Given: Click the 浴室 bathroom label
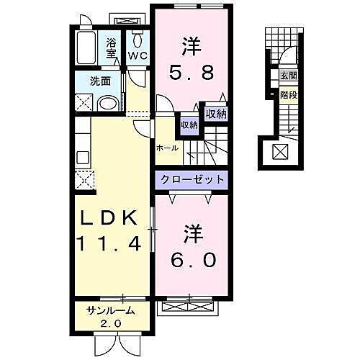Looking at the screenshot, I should pyautogui.click(x=112, y=47).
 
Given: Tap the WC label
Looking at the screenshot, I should pyautogui.click(x=138, y=55).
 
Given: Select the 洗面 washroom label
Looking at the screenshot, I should pyautogui.click(x=99, y=81).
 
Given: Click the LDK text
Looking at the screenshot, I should pyautogui.click(x=112, y=219).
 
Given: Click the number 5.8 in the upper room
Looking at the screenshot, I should pyautogui.click(x=192, y=72).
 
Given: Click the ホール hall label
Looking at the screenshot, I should pyautogui.click(x=167, y=148).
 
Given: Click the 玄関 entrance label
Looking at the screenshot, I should pyautogui.click(x=287, y=76).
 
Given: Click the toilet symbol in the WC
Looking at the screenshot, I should pyautogui.click(x=138, y=40).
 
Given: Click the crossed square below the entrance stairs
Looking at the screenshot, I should pyautogui.click(x=278, y=151).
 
